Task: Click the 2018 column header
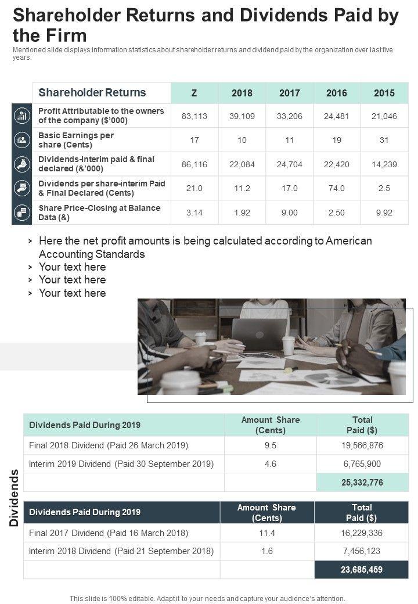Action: click(x=242, y=93)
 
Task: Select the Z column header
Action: click(x=194, y=93)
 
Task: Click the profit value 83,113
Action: click(x=194, y=116)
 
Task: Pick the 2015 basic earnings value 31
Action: click(x=384, y=140)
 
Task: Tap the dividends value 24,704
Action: click(x=289, y=164)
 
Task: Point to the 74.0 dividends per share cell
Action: click(x=337, y=188)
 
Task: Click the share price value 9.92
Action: click(x=384, y=213)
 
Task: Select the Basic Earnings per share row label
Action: click(x=76, y=140)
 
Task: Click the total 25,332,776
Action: click(x=362, y=483)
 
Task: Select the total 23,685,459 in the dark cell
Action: click(x=362, y=570)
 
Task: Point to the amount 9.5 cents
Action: click(x=270, y=445)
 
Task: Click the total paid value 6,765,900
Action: click(x=362, y=464)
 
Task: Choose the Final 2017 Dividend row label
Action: click(x=109, y=533)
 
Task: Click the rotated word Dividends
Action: click(x=15, y=497)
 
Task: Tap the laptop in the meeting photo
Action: click(x=259, y=335)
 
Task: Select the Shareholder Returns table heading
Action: click(x=92, y=93)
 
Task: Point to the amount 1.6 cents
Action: click(x=267, y=551)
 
